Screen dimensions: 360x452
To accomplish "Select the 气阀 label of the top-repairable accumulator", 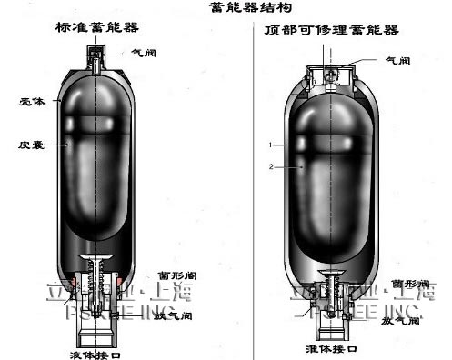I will [x=398, y=62].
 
